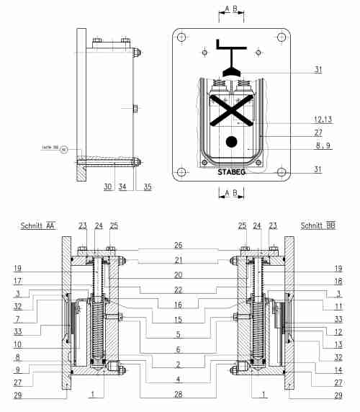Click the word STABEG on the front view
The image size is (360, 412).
231,173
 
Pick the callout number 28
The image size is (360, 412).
178,394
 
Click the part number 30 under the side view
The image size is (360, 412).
108,187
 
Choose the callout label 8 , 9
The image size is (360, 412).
317,145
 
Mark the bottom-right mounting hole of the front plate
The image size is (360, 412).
280,171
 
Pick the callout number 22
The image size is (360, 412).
178,290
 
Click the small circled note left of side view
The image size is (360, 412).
64,150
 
